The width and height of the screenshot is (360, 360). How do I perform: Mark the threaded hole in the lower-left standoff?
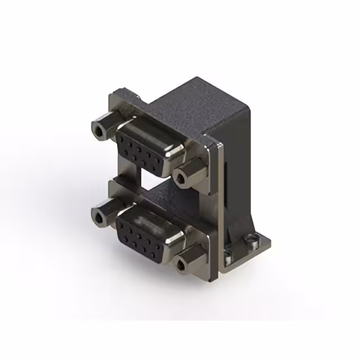point(100,218)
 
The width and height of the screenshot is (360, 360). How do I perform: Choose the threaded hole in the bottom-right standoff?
point(181,267)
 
